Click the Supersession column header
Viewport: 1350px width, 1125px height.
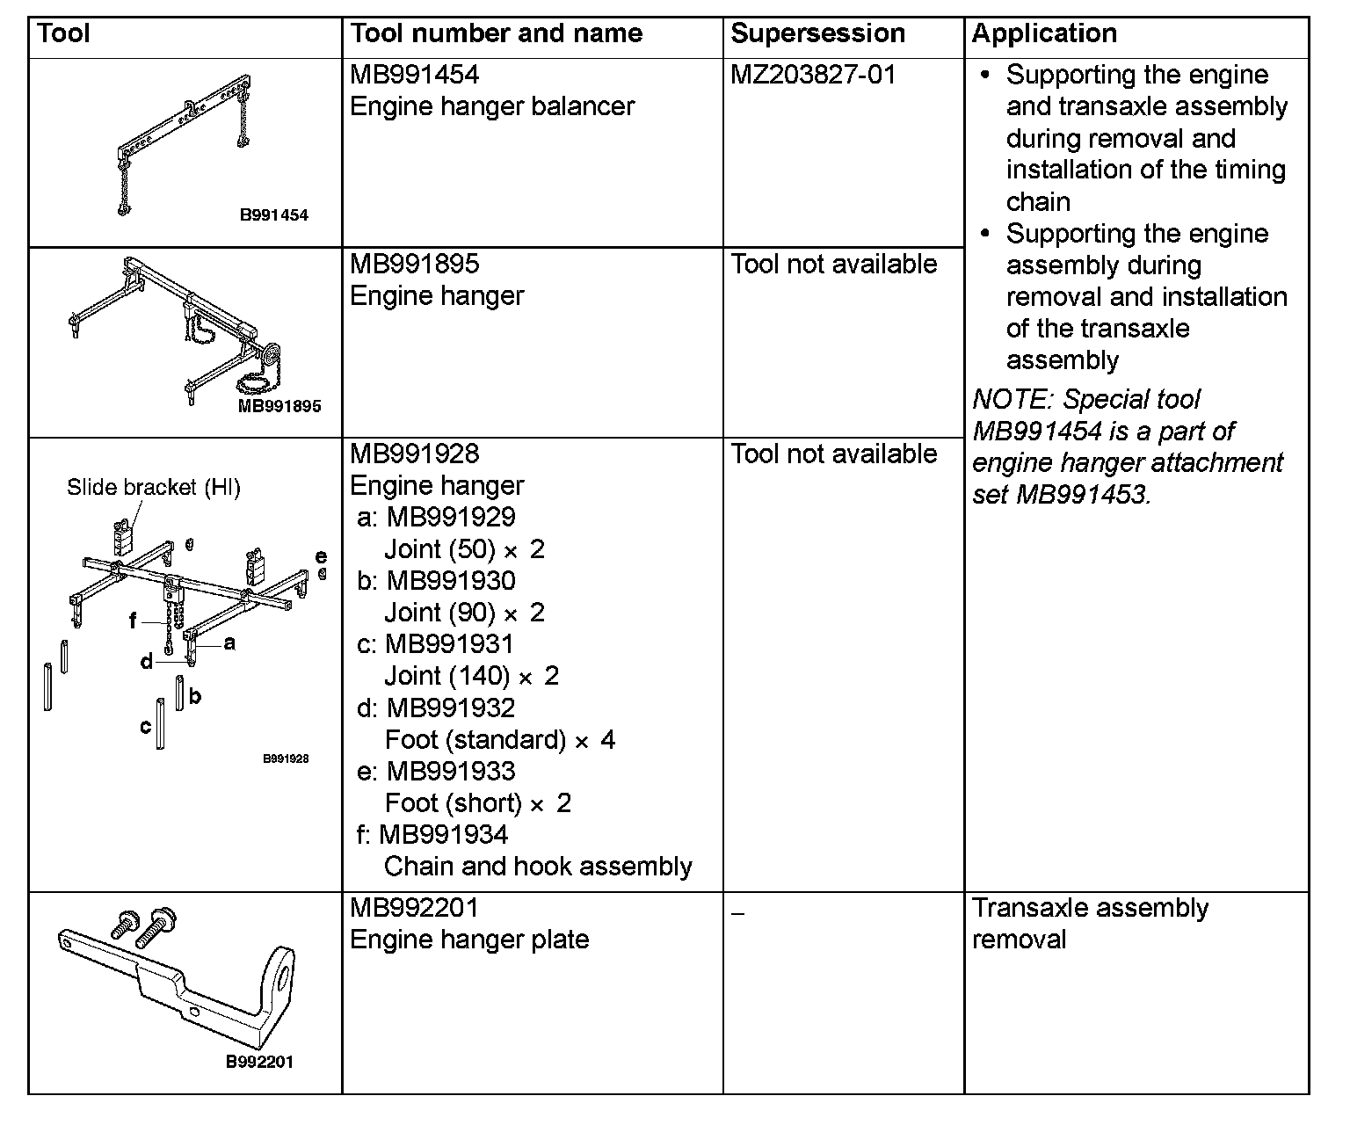817,34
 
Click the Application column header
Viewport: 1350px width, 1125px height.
1044,34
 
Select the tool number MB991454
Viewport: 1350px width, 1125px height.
415,75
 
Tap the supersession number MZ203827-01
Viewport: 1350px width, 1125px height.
813,75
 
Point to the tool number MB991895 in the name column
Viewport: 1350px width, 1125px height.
415,265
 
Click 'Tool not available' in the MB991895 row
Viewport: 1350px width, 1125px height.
833,265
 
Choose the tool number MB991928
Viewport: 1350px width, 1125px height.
415,454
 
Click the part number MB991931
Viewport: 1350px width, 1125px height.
449,644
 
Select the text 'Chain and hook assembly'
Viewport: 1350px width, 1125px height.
538,867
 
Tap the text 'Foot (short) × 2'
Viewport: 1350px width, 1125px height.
478,803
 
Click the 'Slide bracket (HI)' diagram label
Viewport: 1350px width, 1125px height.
154,488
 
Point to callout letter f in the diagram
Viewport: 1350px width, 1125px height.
133,621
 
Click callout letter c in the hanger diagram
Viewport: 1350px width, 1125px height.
146,727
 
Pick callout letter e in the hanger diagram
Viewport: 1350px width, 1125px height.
321,556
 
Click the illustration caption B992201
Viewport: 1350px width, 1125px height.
260,1062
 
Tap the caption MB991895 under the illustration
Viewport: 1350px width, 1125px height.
279,406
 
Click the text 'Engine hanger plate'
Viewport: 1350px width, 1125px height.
469,940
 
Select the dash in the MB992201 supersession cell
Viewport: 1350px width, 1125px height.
737,914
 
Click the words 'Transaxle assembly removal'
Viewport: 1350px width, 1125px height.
1090,924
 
